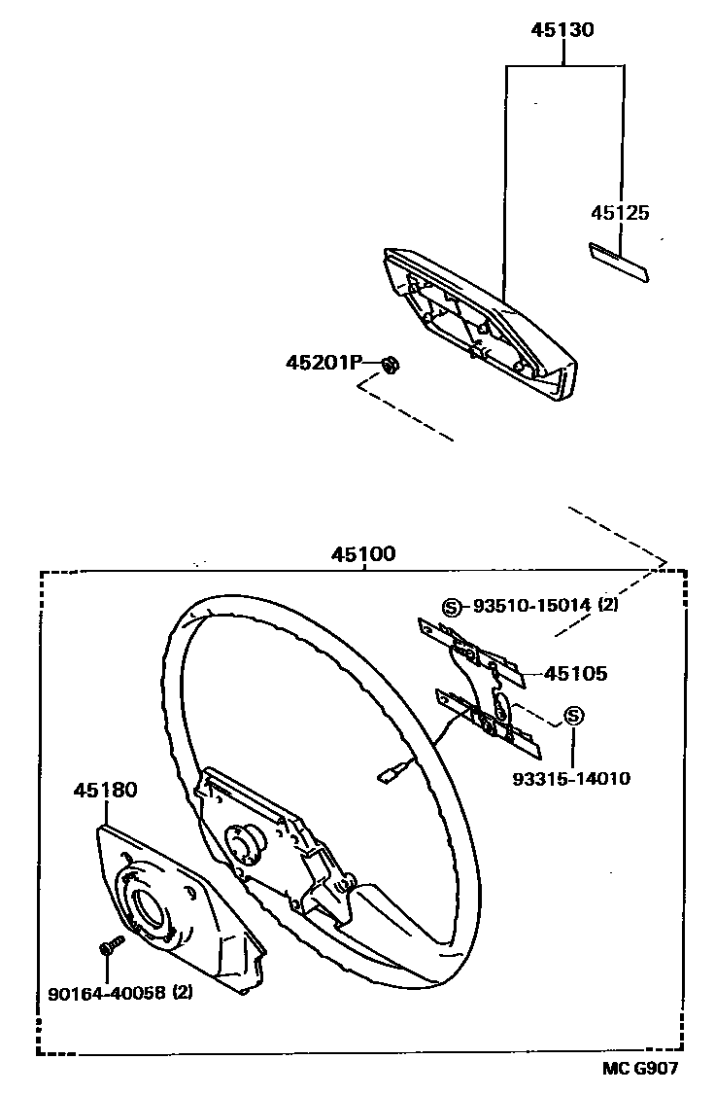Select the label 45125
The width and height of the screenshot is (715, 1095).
click(x=620, y=213)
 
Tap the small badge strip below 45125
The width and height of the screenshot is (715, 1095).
click(x=619, y=259)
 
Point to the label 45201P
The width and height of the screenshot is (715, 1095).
click(x=323, y=363)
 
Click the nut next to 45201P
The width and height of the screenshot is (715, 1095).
click(x=391, y=366)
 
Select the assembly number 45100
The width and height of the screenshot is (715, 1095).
click(x=363, y=555)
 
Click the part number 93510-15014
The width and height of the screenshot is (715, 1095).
click(x=531, y=605)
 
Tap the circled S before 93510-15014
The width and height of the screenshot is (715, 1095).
click(x=452, y=606)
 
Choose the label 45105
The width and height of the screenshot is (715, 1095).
click(x=576, y=673)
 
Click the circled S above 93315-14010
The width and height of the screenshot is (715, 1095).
click(x=572, y=718)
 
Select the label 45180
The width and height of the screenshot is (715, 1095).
click(x=105, y=791)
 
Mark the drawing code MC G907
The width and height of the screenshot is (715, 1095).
click(x=637, y=1069)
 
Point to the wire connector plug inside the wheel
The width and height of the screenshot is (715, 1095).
click(x=387, y=774)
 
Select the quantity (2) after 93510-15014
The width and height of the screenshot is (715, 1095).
click(x=608, y=605)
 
